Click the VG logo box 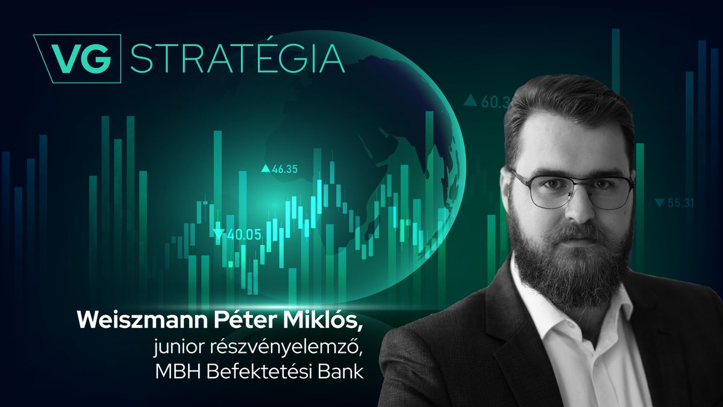click(77, 58)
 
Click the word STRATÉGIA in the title click(237, 58)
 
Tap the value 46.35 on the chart click(285, 169)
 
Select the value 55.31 click(680, 203)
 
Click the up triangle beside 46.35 click(264, 169)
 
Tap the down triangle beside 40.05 click(218, 234)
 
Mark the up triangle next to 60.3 click(470, 101)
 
